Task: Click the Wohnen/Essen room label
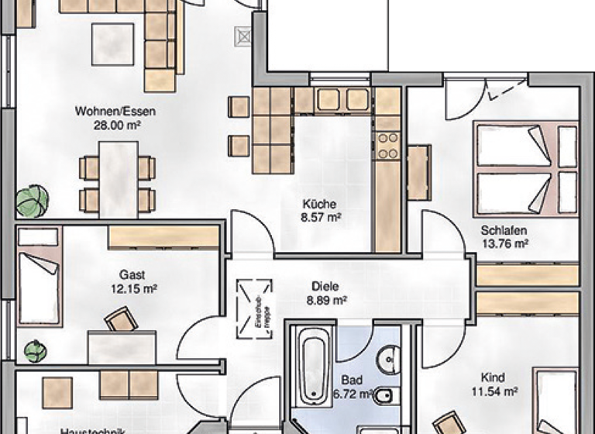tap(110, 111)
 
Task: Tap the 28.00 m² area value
tap(110, 124)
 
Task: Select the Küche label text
tap(319, 205)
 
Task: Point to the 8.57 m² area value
tap(322, 218)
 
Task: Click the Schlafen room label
tap(504, 230)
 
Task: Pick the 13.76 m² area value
tap(504, 243)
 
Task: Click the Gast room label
tap(132, 274)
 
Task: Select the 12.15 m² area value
tap(133, 288)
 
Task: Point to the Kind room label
tap(493, 377)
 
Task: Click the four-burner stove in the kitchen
tap(387, 147)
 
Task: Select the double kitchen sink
tap(342, 100)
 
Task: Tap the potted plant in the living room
tap(32, 201)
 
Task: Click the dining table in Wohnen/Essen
tap(118, 179)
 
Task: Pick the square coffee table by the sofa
tap(112, 44)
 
